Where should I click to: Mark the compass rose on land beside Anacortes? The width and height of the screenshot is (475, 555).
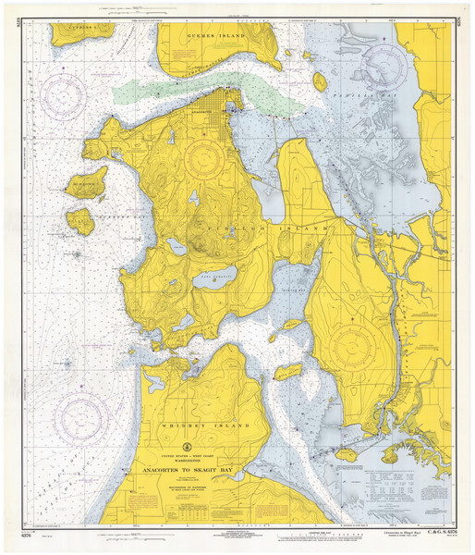[206, 157]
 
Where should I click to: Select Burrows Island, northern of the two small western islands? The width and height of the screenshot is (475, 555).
[89, 185]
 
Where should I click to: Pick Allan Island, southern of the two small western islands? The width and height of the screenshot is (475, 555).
[79, 220]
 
